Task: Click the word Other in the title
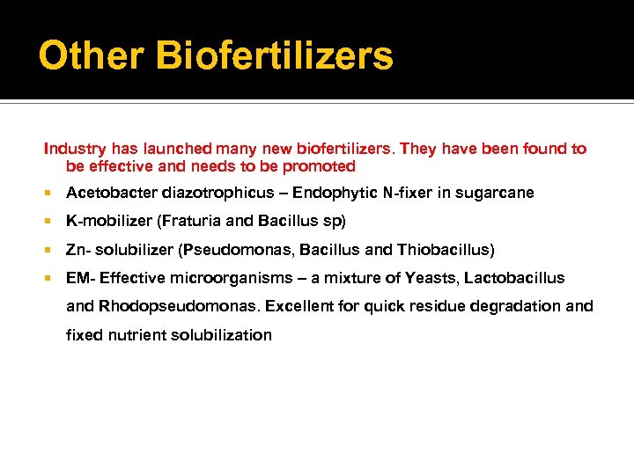point(91,56)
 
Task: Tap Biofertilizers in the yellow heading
point(275,56)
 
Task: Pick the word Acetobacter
point(108,193)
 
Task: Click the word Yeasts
point(431,278)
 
